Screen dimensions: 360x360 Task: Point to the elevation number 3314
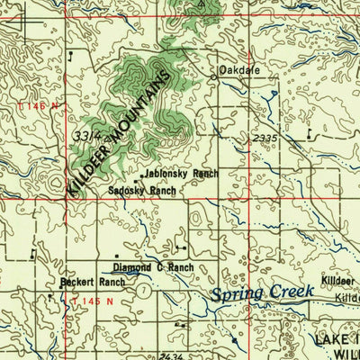tap(87, 135)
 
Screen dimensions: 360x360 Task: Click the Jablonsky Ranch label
tap(180, 174)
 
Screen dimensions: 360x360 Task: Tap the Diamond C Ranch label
tap(153, 267)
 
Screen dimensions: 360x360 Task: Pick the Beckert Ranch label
tap(92, 282)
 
